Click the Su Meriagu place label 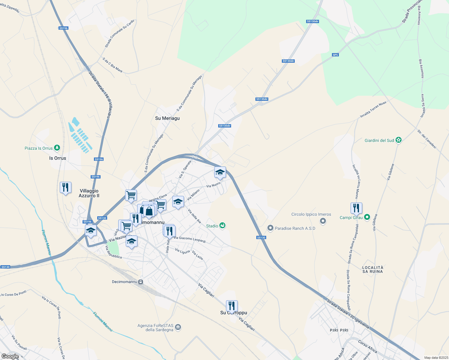(167, 118)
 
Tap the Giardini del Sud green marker (398, 140)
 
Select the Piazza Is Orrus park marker (57, 148)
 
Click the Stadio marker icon (222, 226)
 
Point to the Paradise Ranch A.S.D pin (270, 228)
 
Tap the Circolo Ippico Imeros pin (323, 221)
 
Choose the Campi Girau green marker (367, 217)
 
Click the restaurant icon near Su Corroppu (231, 306)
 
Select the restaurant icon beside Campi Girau (356, 208)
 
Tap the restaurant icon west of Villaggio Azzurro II (65, 187)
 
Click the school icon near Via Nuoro (220, 172)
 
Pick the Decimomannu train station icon (140, 282)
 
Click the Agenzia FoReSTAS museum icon (178, 327)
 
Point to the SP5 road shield (335, 55)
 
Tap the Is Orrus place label (58, 158)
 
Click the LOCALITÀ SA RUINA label (373, 269)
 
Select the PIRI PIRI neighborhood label (339, 330)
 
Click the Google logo (10, 356)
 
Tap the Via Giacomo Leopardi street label (190, 239)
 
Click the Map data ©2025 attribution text (436, 358)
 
